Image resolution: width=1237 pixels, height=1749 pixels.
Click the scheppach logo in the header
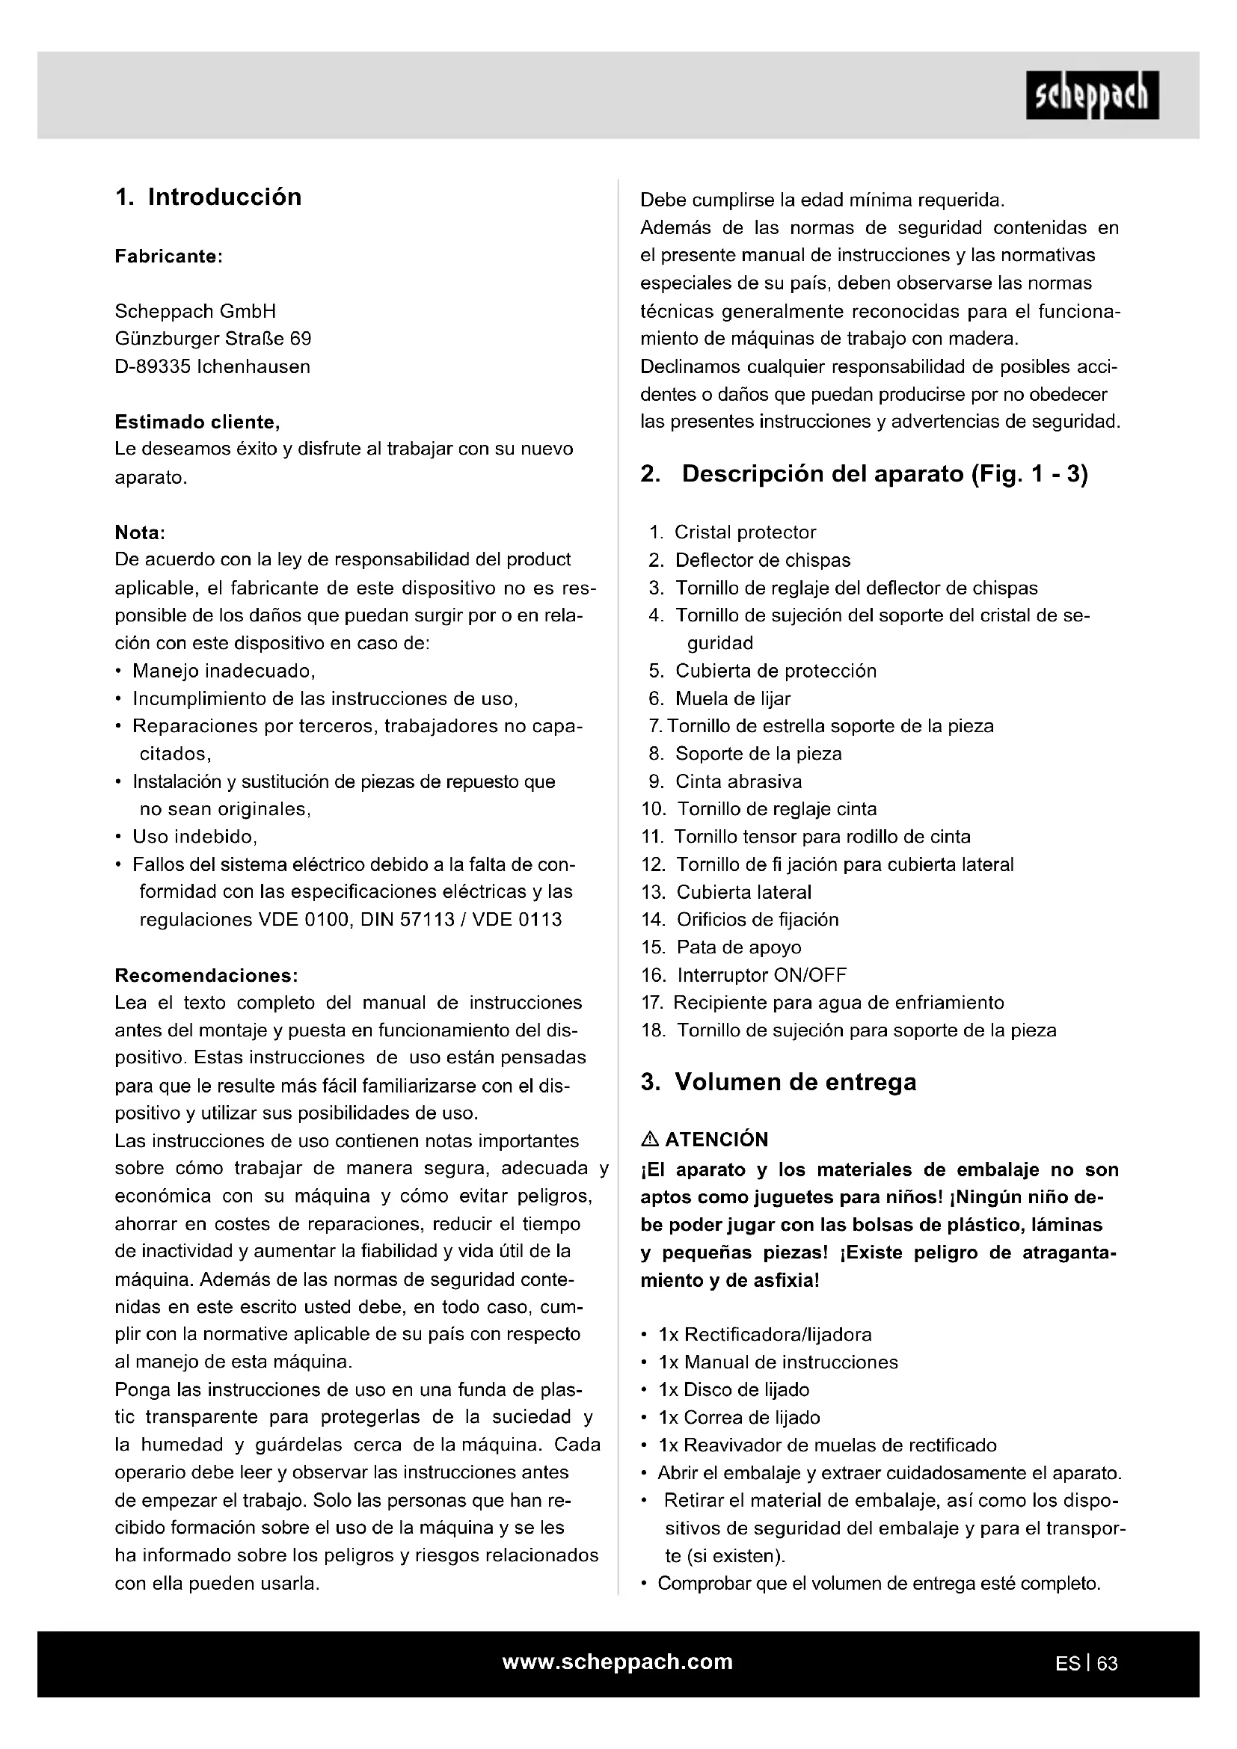1091,95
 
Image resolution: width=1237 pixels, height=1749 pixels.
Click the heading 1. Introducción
208,197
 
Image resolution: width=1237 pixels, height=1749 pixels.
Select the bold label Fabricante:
168,256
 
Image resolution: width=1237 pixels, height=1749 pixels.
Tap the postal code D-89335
153,367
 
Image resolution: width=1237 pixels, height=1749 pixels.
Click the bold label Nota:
140,532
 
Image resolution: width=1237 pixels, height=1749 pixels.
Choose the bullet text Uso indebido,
195,837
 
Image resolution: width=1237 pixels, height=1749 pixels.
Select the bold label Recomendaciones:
206,976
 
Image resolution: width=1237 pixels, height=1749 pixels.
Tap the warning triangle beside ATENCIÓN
650,1140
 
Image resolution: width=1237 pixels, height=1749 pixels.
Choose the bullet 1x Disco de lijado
734,1389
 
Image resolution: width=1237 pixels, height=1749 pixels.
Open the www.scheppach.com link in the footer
617,1662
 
